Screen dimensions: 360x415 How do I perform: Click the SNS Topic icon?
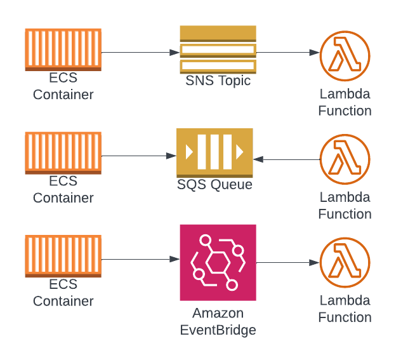pyautogui.click(x=218, y=50)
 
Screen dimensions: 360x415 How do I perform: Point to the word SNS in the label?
pyautogui.click(x=199, y=81)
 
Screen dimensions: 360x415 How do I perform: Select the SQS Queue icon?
pyautogui.click(x=214, y=152)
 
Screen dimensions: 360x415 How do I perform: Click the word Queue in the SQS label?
pyautogui.click(x=232, y=185)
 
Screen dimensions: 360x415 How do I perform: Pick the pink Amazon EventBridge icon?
pyautogui.click(x=218, y=262)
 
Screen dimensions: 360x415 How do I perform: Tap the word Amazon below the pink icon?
pyautogui.click(x=218, y=314)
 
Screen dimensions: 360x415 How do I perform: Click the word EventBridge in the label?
pyautogui.click(x=218, y=330)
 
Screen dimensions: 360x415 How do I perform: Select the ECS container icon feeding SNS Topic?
pyautogui.click(x=63, y=50)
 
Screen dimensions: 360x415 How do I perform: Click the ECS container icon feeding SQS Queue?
pyautogui.click(x=63, y=152)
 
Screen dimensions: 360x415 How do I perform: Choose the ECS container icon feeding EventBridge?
pyautogui.click(x=63, y=257)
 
